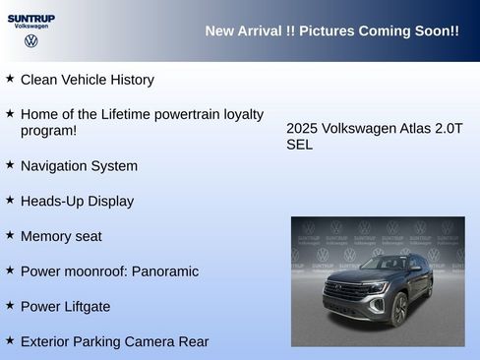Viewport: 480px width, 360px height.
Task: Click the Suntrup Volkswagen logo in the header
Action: pyautogui.click(x=30, y=30)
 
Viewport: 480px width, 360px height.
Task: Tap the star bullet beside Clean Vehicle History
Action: pyautogui.click(x=10, y=78)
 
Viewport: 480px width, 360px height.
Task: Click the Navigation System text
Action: pyautogui.click(x=79, y=165)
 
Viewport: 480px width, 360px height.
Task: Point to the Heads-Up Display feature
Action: pyautogui.click(x=77, y=201)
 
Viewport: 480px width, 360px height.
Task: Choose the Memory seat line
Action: pyautogui.click(x=61, y=236)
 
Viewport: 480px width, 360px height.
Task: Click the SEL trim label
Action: pyautogui.click(x=300, y=145)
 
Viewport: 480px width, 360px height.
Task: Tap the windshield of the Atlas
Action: pyautogui.click(x=388, y=264)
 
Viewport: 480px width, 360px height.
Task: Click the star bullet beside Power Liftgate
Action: pyautogui.click(x=10, y=305)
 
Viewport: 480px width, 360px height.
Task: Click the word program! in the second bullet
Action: pyautogui.click(x=48, y=130)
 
